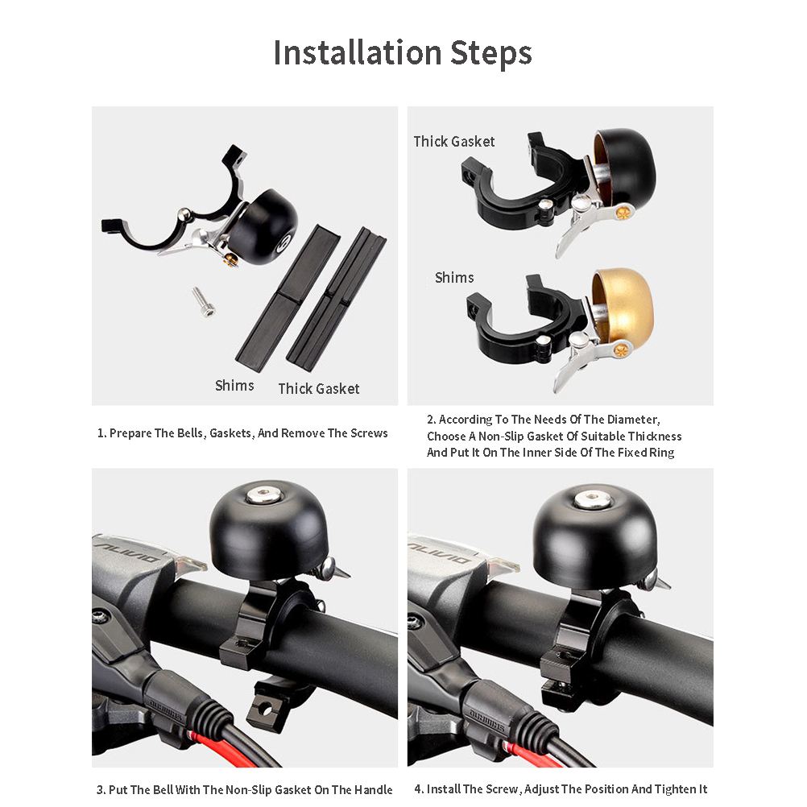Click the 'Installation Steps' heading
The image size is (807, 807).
pos(403,53)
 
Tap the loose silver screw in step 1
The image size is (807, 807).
pos(204,302)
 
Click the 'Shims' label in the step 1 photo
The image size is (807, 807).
pos(234,386)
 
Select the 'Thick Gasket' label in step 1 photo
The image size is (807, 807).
pos(319,388)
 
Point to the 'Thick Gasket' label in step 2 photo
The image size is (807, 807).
pos(454,142)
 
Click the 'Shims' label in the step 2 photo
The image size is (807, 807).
pos(454,277)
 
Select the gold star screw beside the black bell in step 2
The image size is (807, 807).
pos(624,212)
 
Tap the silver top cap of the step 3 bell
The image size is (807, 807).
pos(264,495)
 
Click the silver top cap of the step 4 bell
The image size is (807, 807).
pos(592,499)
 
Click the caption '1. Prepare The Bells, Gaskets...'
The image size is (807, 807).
pos(242,433)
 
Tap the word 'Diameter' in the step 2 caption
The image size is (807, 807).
pos(633,420)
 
